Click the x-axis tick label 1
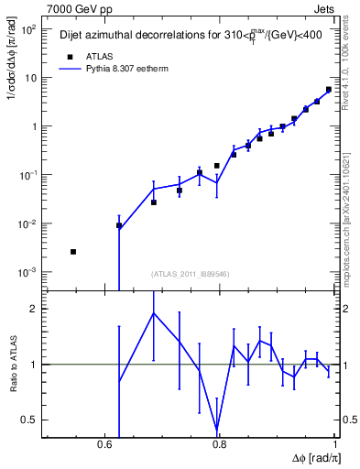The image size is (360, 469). tap(334, 446)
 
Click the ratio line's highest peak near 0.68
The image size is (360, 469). tap(154, 312)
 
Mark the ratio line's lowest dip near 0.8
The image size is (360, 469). tap(217, 430)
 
